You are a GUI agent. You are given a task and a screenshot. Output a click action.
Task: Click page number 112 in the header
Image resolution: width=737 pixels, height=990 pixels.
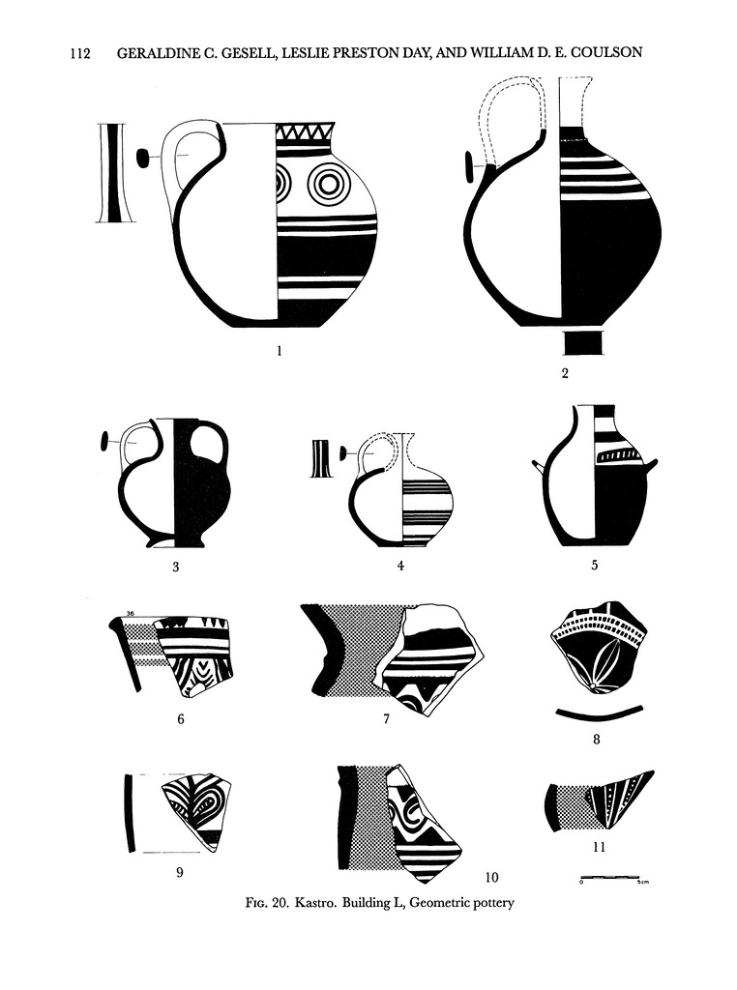(80, 53)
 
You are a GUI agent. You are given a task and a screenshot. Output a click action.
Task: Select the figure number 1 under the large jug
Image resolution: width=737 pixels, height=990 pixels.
(280, 350)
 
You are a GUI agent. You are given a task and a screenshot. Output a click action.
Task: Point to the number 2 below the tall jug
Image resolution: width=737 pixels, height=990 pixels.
(565, 373)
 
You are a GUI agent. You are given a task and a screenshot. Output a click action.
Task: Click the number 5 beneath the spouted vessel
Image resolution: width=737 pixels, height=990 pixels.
(594, 565)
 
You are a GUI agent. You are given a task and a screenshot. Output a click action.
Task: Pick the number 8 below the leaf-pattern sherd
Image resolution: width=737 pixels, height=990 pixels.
(596, 739)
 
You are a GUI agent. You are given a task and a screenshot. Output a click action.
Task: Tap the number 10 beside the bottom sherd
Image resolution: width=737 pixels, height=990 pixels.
(491, 877)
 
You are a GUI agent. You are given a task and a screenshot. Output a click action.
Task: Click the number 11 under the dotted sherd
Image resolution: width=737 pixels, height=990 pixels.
(599, 847)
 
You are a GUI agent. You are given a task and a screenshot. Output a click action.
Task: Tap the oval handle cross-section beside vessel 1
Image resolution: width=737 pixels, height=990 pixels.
(143, 157)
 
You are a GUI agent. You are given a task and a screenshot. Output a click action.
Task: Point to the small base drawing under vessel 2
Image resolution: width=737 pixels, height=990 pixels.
(583, 342)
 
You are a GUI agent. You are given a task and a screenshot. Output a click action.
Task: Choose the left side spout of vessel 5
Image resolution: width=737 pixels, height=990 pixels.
(539, 467)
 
